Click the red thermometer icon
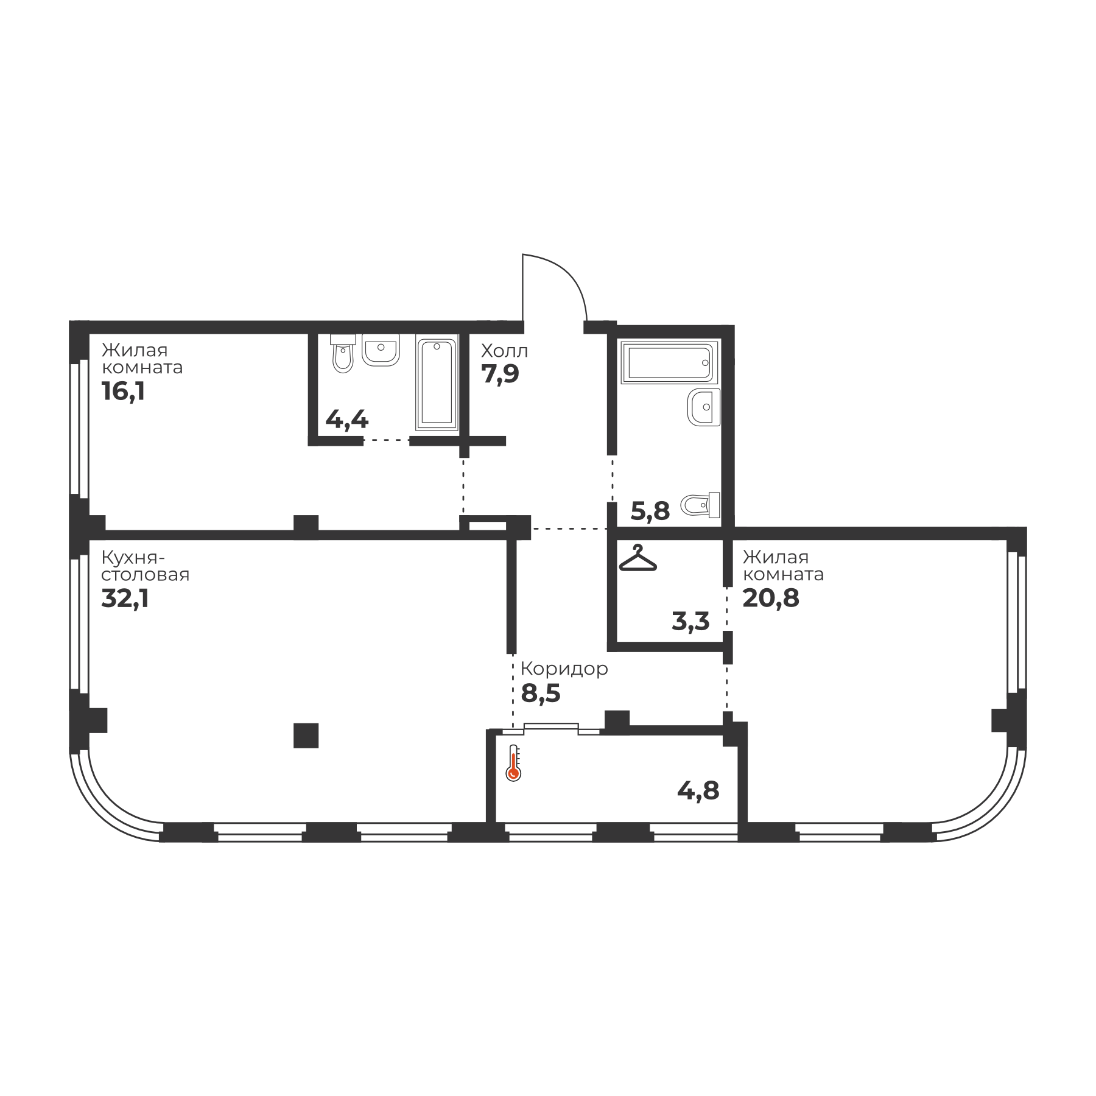[513, 762]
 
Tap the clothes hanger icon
[638, 558]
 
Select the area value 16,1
[123, 392]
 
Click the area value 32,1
[125, 599]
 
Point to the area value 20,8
[771, 599]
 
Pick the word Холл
[504, 351]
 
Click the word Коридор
[564, 670]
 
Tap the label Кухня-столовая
[145, 566]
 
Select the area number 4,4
[347, 420]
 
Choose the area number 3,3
[690, 622]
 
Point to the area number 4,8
[698, 791]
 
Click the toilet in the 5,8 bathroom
[701, 505]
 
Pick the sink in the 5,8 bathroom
[704, 407]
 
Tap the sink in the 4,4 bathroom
[381, 350]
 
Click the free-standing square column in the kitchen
[306, 736]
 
